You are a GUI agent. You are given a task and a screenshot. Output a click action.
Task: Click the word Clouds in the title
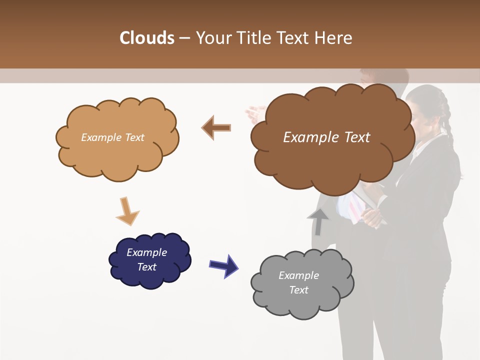coord(147,38)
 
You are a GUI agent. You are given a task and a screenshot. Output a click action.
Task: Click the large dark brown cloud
coord(332,160)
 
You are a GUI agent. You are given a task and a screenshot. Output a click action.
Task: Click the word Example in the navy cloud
coord(146,252)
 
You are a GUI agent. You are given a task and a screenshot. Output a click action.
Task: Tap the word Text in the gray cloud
coord(298,290)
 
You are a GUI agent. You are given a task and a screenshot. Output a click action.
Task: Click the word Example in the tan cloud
coord(100,137)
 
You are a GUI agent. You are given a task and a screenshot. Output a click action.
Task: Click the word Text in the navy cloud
coord(147,267)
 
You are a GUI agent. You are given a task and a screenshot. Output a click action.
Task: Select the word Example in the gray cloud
coord(298,275)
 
